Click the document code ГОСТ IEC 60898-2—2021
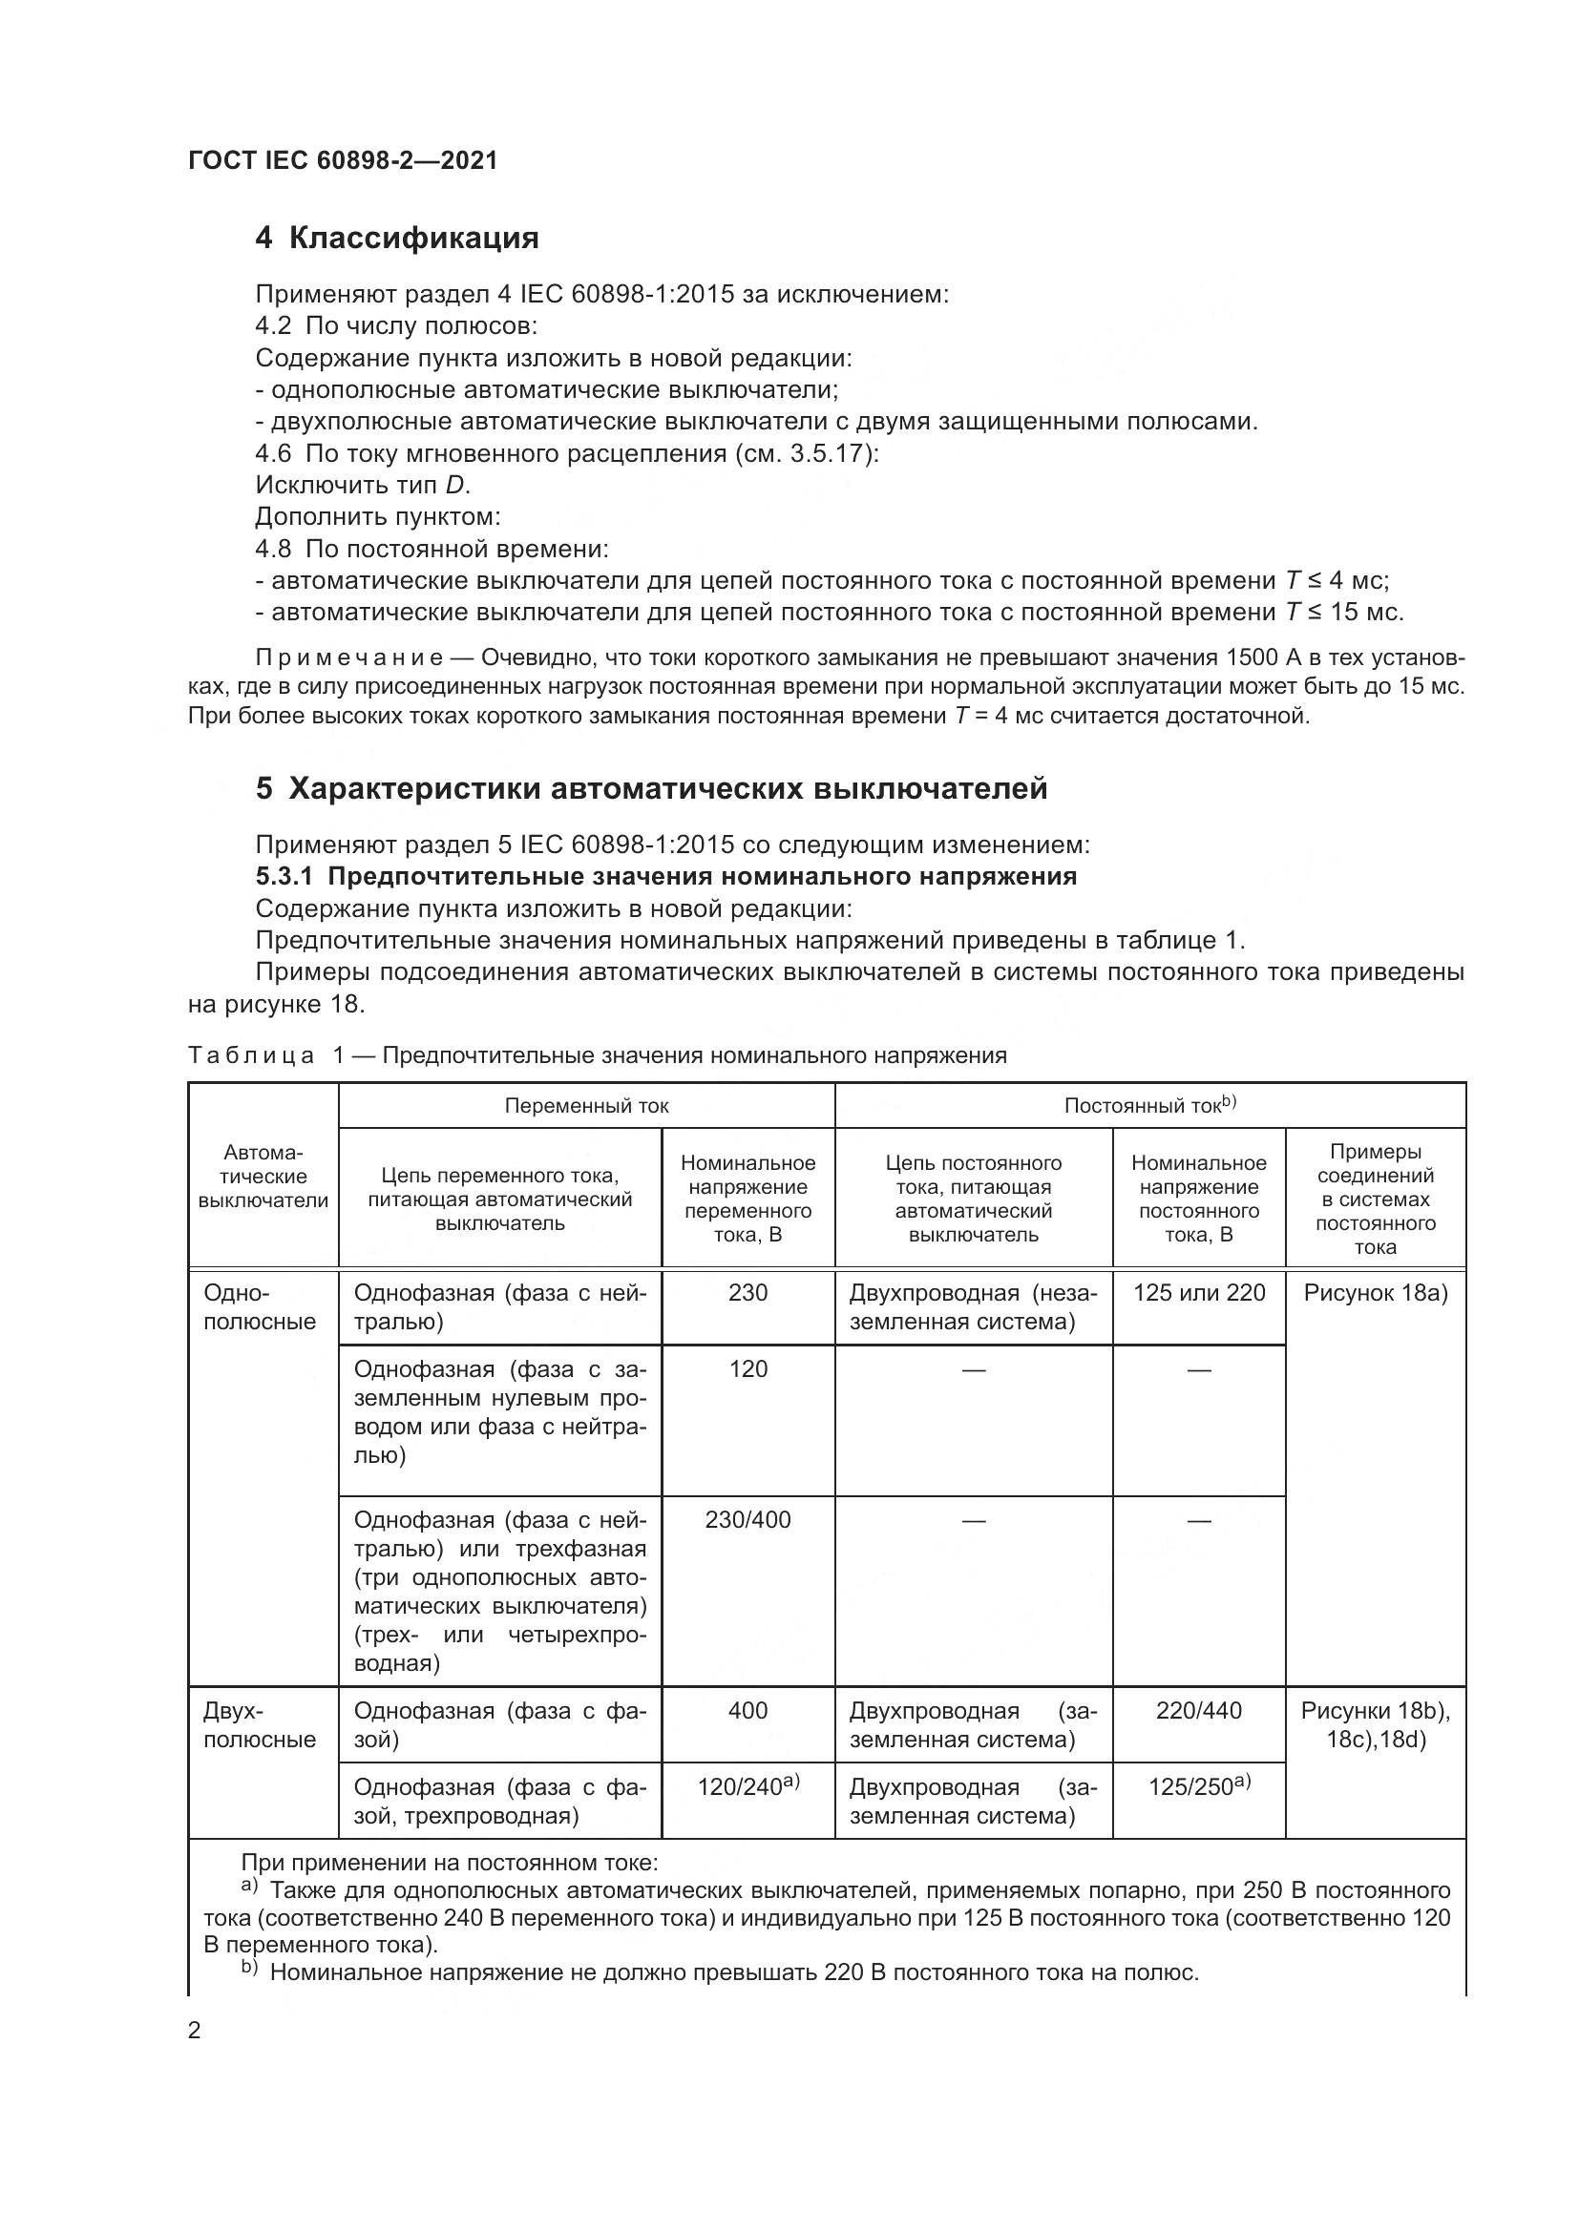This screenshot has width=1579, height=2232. tap(343, 160)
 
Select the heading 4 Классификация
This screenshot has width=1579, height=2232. tap(397, 239)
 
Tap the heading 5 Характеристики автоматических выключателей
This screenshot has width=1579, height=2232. tap(651, 788)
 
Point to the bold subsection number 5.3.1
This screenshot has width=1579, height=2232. tap(284, 877)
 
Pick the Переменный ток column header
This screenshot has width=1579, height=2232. tap(586, 1105)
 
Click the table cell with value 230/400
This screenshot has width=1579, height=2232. tap(747, 1519)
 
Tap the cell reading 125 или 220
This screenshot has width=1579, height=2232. tap(1199, 1293)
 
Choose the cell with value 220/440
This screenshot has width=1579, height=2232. tap(1199, 1711)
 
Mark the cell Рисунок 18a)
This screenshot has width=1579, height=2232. tap(1375, 1293)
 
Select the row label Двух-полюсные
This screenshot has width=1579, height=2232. tap(260, 1725)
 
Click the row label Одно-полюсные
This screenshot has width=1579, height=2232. tap(260, 1307)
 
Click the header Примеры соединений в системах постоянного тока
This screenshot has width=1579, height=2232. tap(1375, 1199)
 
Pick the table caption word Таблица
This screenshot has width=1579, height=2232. tap(251, 1055)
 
